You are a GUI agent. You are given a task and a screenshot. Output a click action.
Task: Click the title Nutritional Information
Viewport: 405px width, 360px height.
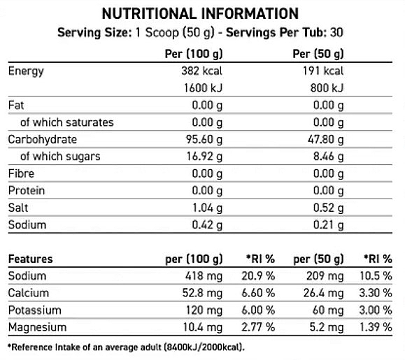tap(201, 14)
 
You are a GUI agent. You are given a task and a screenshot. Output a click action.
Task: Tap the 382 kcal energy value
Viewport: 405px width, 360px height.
tap(201, 71)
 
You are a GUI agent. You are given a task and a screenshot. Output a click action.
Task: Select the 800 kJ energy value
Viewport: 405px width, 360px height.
tap(327, 88)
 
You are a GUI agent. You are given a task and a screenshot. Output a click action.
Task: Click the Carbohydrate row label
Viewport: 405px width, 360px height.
tap(43, 139)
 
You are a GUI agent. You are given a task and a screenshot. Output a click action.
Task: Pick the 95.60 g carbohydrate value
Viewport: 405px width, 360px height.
tap(204, 140)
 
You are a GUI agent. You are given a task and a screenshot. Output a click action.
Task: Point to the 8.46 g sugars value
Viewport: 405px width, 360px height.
tap(329, 157)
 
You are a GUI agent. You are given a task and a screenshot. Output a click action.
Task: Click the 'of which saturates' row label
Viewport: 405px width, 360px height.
tap(67, 122)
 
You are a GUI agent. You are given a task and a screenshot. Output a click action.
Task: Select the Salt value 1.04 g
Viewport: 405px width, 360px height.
tap(208, 208)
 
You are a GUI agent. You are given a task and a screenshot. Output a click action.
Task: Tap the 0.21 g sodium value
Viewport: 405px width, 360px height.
tap(329, 225)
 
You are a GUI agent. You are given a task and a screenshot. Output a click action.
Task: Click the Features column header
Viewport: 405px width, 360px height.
tap(31, 259)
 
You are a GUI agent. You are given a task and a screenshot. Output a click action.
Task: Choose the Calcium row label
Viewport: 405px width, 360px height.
tap(29, 293)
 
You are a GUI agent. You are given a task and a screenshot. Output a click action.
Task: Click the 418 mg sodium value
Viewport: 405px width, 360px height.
tap(204, 276)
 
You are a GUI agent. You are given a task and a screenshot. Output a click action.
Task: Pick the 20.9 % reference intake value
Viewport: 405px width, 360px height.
tap(258, 276)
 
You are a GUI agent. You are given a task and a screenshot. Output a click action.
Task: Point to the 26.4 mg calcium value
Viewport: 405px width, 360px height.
tap(324, 293)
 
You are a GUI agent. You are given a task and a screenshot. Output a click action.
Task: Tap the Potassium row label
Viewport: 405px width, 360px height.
tap(34, 310)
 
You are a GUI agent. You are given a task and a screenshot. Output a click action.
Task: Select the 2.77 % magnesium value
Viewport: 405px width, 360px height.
tap(258, 327)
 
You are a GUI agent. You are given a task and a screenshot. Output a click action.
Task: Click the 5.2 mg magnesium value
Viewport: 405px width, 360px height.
tap(327, 327)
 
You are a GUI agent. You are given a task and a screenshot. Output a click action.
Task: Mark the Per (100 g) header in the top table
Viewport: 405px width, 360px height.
tap(194, 54)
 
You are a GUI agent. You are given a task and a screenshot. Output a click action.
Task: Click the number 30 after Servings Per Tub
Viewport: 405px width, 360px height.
tap(337, 33)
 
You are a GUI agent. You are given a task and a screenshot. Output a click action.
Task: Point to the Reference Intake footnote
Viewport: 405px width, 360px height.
tap(126, 347)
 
